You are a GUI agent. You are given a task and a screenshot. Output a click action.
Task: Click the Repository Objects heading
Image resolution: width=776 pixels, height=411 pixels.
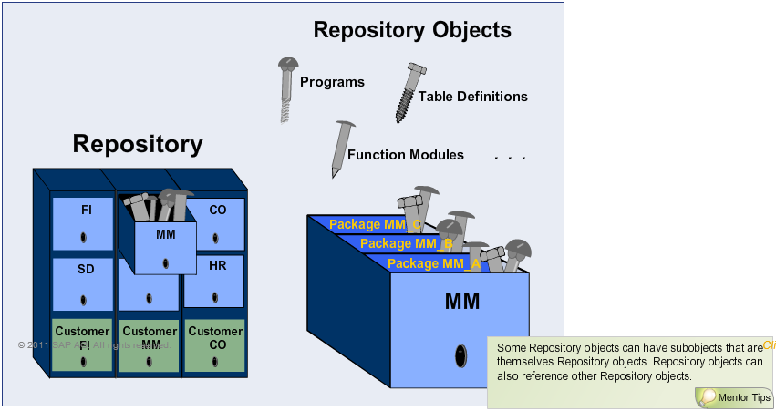coord(412,30)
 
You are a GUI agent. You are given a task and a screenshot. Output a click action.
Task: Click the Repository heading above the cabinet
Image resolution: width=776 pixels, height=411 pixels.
coord(138,144)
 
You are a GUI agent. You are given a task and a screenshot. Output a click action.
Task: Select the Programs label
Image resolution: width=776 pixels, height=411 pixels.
coord(332,82)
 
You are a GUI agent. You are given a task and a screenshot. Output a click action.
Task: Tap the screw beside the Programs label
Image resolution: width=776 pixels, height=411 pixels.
coord(286,89)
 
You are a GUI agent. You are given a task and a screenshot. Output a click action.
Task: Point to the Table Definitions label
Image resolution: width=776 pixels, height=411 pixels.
coord(472,96)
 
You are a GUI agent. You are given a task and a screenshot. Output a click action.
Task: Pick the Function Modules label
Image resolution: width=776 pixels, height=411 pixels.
coord(405,155)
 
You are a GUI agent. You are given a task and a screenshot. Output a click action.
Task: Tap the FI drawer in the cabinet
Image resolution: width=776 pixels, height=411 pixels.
coord(83,222)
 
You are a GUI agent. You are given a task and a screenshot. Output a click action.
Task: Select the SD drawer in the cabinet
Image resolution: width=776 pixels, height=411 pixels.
coord(83,283)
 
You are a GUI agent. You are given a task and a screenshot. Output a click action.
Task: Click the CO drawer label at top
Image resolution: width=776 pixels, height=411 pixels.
coord(218,210)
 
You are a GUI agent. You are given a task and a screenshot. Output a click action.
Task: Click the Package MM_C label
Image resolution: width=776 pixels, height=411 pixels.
coord(373,224)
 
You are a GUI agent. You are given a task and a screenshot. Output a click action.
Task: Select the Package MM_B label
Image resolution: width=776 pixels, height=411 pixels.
coord(405,243)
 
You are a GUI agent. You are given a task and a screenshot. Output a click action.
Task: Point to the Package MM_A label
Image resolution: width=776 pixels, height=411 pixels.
coord(432,263)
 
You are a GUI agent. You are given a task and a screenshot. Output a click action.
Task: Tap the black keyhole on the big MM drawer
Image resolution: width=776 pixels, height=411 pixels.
coord(458,355)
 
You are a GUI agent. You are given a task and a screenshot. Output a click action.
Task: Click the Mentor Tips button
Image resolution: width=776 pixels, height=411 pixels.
coord(736,397)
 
